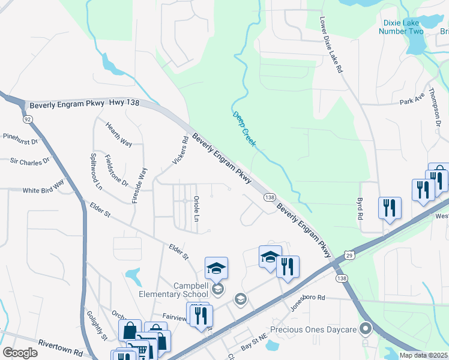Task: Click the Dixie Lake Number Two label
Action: [402, 27]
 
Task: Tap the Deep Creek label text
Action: [244, 128]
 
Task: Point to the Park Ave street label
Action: [411, 98]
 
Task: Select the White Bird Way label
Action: [43, 187]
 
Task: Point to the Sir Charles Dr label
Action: [30, 161]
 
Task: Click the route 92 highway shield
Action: [28, 119]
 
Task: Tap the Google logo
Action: [20, 353]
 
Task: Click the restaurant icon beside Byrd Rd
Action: [390, 208]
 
